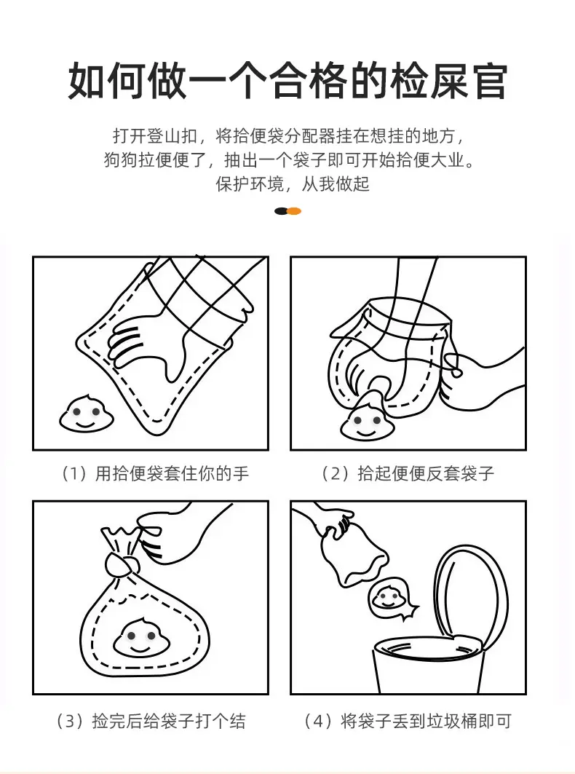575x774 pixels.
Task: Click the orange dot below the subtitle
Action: [294, 211]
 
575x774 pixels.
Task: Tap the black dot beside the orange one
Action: [281, 211]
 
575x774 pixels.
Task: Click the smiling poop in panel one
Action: [87, 414]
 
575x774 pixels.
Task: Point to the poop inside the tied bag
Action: [141, 637]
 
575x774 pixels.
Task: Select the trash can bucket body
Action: [427, 666]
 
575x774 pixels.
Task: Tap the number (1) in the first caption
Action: [74, 473]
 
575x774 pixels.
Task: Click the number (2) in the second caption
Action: [336, 473]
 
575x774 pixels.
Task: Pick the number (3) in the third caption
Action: [71, 721]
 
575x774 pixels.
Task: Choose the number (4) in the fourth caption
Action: [319, 721]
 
